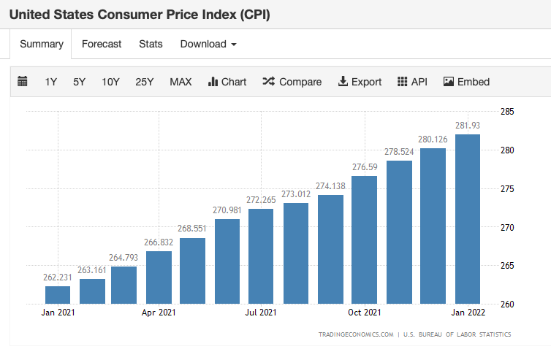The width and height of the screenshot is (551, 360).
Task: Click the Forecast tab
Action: (x=102, y=44)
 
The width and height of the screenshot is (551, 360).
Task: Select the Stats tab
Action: (x=151, y=44)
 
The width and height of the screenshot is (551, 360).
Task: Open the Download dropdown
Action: (x=208, y=44)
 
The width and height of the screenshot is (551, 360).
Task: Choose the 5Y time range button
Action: (x=79, y=82)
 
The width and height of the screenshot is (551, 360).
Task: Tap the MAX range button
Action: (x=180, y=82)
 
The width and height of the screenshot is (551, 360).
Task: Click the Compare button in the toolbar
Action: (x=292, y=82)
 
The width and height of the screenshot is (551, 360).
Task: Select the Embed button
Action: (x=466, y=82)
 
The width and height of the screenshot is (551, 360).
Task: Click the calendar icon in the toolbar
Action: (x=23, y=82)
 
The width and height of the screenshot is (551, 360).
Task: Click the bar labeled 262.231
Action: (x=58, y=294)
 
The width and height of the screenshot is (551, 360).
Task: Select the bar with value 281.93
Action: (x=468, y=219)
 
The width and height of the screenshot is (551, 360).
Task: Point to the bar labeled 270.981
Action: (x=227, y=261)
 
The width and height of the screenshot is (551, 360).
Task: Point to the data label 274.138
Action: (x=330, y=185)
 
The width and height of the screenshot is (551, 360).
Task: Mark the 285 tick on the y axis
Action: (x=508, y=112)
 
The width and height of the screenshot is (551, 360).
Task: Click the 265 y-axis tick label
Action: (x=508, y=266)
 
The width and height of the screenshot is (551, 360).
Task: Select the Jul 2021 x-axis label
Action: (x=261, y=313)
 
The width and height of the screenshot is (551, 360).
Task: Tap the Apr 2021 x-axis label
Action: (x=159, y=313)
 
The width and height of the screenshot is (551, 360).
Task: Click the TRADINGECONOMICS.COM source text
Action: (x=356, y=334)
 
